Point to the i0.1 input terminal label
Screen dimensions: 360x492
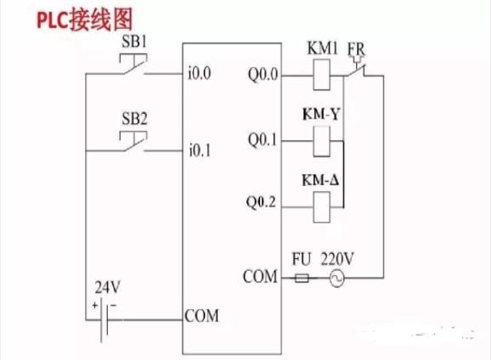click(x=201, y=151)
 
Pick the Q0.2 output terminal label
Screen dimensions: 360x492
click(x=263, y=204)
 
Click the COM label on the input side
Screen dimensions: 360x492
click(x=201, y=317)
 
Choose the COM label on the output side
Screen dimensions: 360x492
click(x=260, y=277)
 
